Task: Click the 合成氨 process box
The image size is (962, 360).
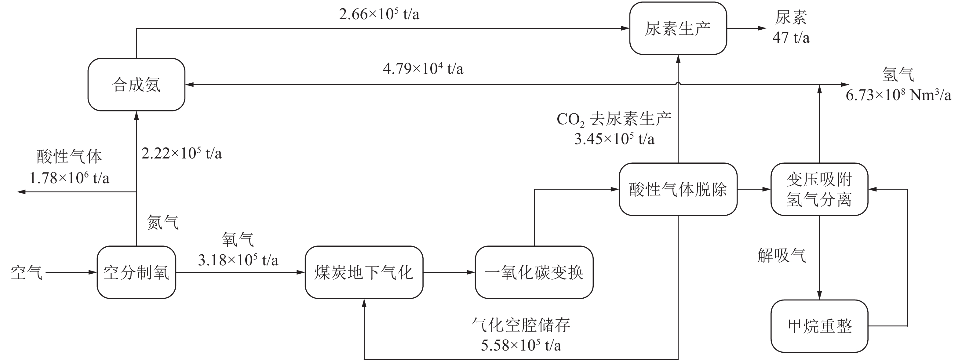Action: pos(136,84)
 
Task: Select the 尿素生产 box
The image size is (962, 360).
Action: pos(678,28)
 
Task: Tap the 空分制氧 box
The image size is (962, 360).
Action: pos(136,272)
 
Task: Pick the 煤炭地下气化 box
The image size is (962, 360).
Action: pos(364,272)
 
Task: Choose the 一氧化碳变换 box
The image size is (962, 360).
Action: pos(534,272)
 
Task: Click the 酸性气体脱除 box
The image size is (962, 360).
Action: pos(678,189)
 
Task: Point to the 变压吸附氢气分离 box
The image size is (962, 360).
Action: pos(819,189)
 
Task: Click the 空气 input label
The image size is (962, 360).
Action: pos(26,273)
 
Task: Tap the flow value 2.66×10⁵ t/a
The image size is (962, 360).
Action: pos(379,15)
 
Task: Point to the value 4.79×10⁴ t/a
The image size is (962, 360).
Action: pos(423,69)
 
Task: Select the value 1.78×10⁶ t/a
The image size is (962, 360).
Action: pos(69,178)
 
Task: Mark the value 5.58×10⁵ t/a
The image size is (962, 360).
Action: pos(521,345)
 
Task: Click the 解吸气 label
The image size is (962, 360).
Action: pos(782,256)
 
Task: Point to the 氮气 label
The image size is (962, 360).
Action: pos(163,223)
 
